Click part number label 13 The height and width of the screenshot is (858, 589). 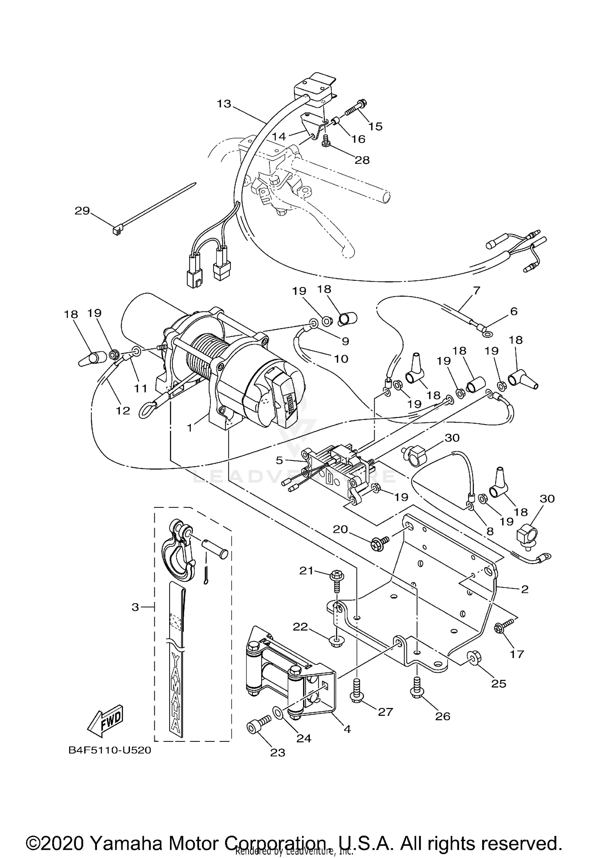pos(224,104)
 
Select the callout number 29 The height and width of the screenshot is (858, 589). pos(82,211)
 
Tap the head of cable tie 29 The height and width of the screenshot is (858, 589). pos(116,231)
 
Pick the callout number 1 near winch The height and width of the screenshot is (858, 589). pos(190,427)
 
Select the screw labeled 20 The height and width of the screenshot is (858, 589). pos(379,544)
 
